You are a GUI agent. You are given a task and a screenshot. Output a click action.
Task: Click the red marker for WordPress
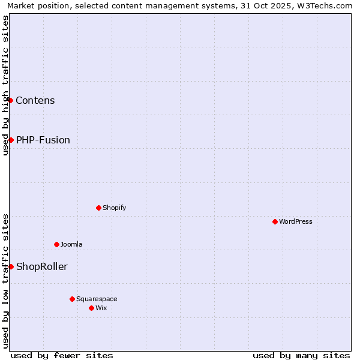pyautogui.click(x=275, y=221)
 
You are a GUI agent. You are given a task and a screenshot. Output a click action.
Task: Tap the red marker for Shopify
pyautogui.click(x=98, y=208)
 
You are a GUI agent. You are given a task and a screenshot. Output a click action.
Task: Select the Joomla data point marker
pyautogui.click(x=56, y=244)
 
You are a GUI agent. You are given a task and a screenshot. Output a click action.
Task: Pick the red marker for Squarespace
pyautogui.click(x=72, y=299)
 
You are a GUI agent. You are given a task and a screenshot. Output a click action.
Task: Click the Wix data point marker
pyautogui.click(x=91, y=308)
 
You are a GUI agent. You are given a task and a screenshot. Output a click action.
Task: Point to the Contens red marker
pyautogui.click(x=11, y=100)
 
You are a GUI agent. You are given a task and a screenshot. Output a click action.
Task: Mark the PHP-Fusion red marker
pyautogui.click(x=11, y=140)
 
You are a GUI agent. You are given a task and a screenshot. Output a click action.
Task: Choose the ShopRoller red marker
pyautogui.click(x=11, y=266)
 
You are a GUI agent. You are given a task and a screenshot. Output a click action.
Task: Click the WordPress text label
pyautogui.click(x=296, y=221)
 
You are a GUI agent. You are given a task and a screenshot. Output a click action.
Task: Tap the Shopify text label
pyautogui.click(x=114, y=208)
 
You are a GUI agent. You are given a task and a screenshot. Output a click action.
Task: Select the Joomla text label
pyautogui.click(x=71, y=244)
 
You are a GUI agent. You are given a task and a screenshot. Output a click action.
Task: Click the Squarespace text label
pyautogui.click(x=97, y=299)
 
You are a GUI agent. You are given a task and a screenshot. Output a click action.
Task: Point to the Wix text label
pyautogui.click(x=101, y=308)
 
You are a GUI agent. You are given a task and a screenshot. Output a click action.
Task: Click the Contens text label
pyautogui.click(x=35, y=100)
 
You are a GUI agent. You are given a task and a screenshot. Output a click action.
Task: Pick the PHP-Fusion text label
pyautogui.click(x=43, y=140)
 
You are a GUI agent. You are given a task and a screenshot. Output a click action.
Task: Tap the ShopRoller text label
pyautogui.click(x=42, y=266)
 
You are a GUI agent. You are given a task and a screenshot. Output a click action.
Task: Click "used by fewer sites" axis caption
pyautogui.click(x=62, y=355)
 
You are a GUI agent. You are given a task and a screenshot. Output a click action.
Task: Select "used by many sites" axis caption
pyautogui.click(x=301, y=355)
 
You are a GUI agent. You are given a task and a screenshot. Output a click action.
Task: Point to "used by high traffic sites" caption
pyautogui.click(x=5, y=85)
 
